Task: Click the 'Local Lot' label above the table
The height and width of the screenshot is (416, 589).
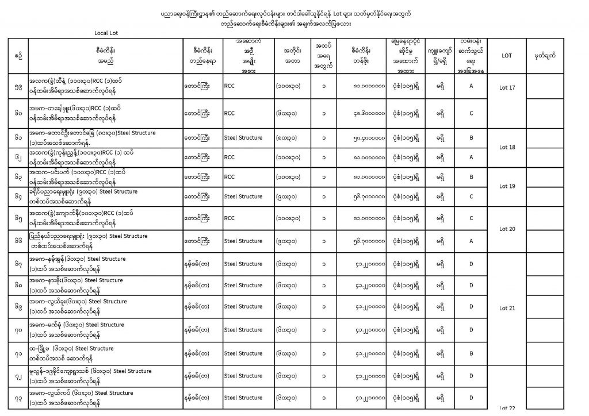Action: [x=106, y=33]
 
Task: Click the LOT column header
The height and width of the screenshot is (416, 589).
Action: [x=507, y=56]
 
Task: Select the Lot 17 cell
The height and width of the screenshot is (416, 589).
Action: [x=507, y=87]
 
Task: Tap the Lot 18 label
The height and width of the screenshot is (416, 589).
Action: [x=507, y=147]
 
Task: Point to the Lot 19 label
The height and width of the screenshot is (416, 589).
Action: [x=507, y=186]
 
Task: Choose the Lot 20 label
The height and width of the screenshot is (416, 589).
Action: [x=507, y=229]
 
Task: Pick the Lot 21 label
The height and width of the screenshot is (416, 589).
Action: [x=507, y=308]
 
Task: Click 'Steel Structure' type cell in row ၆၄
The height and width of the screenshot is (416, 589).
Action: [x=243, y=197]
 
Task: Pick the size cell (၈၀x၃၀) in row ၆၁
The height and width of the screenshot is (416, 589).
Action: [x=291, y=138]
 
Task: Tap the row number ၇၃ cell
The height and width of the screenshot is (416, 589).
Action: [x=21, y=398]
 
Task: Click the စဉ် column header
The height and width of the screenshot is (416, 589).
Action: [x=21, y=56]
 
